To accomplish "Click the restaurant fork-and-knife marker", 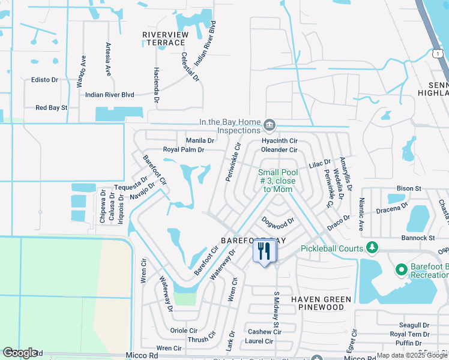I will coord(264,250).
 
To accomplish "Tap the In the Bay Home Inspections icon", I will coord(270,125).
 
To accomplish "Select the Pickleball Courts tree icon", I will coord(372,247).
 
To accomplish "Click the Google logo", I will coord(20,353).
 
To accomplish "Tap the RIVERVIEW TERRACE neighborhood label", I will coord(164,38).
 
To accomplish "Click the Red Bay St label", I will coord(52,108).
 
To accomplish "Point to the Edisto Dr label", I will coord(45,79).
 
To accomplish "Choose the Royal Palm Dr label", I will coord(184,149).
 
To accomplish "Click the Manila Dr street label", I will coord(200,140).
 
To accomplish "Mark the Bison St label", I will coord(409,188).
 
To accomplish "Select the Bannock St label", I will coord(418,238).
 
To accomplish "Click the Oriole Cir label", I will coord(184,330).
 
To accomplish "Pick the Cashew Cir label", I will coord(260,332).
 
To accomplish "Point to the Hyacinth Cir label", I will coord(279,140).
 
